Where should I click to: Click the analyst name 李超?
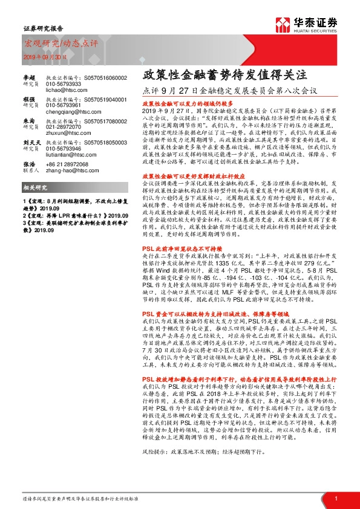pos(30,77)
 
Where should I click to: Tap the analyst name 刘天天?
pos(31,143)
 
